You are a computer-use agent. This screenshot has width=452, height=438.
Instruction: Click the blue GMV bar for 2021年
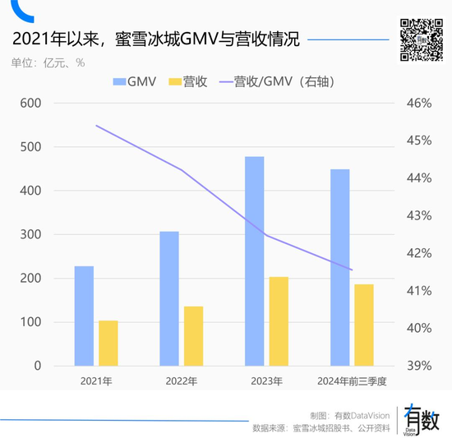84,316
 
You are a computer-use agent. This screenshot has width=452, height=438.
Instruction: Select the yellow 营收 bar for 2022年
193,336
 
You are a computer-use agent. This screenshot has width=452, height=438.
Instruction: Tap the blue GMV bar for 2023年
255,260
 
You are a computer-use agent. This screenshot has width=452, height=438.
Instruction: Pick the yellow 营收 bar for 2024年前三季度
364,325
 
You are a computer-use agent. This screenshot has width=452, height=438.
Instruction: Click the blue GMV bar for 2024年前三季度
339,267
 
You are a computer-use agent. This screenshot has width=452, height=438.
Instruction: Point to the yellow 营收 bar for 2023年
279,321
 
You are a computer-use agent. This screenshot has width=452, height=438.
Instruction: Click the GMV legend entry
136,81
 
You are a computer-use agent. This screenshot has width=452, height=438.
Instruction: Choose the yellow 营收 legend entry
187,81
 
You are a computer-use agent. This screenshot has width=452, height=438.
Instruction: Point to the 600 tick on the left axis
30,104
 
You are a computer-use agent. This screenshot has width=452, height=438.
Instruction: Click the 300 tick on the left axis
30,235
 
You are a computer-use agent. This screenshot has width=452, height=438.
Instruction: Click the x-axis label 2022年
181,381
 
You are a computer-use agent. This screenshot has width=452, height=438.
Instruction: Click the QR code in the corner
420,39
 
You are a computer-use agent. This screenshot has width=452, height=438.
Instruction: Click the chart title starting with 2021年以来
155,39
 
